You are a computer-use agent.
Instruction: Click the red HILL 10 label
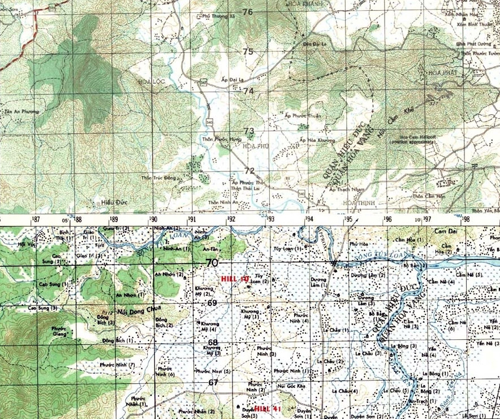[x=235, y=279]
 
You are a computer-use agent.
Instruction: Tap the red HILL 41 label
[x=267, y=408]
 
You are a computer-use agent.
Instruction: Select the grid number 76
[x=248, y=12]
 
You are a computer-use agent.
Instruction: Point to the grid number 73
[x=249, y=131]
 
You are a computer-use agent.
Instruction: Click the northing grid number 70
[x=212, y=263]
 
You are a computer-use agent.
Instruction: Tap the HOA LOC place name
[x=147, y=82]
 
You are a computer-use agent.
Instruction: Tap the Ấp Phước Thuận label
[x=287, y=116]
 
